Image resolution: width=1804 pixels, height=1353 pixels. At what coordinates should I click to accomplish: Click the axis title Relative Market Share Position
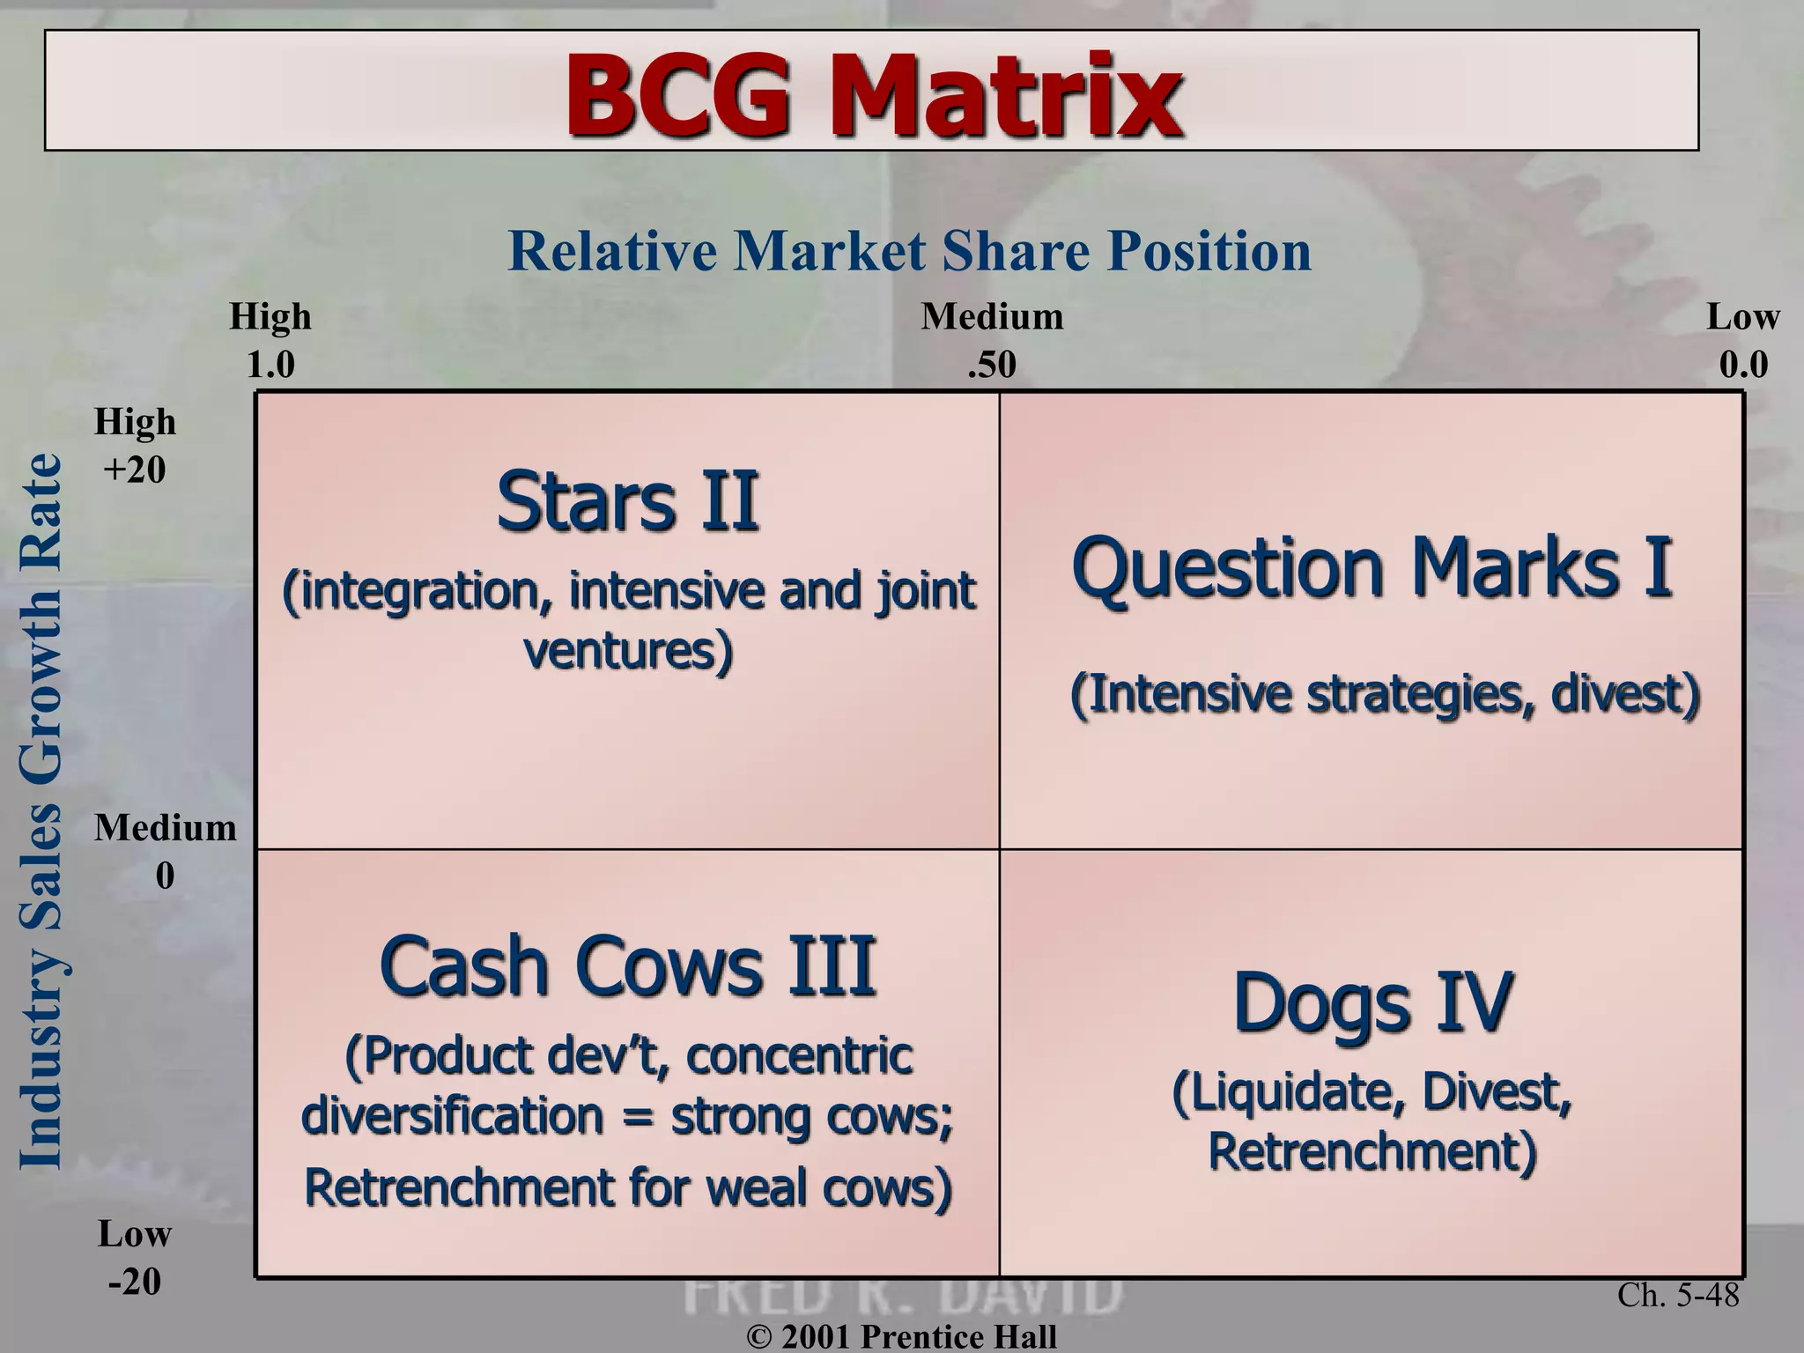(909, 251)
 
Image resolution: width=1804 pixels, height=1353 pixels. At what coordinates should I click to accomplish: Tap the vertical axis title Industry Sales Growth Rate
(41, 810)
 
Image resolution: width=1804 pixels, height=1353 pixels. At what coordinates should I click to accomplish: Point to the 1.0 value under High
(270, 365)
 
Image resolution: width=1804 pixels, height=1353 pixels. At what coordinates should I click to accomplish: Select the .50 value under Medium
(991, 365)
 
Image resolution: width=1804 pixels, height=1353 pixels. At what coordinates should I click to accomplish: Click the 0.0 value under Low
(1742, 365)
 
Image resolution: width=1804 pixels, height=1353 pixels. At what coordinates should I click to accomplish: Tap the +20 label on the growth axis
(134, 469)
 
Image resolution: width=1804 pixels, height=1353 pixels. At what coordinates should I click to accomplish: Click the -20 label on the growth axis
(134, 1282)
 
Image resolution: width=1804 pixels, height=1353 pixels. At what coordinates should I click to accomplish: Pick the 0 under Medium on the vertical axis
(165, 876)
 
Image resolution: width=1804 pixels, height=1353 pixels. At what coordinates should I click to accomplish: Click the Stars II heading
(627, 502)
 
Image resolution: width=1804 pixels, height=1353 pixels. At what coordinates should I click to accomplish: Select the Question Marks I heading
(1371, 568)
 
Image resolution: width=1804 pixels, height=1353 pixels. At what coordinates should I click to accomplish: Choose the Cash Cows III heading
(627, 967)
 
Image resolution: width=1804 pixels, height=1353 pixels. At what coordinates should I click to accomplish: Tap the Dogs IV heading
(1371, 1002)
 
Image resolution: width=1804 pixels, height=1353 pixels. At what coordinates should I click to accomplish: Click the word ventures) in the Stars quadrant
(627, 652)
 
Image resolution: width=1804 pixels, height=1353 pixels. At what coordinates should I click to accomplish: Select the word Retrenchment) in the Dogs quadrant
(1371, 1151)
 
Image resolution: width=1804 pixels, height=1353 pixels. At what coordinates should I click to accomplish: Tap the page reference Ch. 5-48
(1678, 1295)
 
